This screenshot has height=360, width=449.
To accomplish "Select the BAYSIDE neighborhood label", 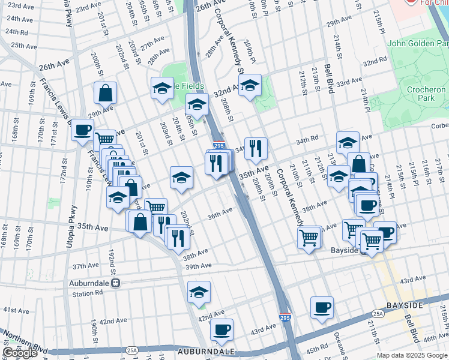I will [423, 305].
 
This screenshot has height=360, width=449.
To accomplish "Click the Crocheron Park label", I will [425, 94].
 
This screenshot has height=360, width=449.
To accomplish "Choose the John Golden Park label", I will [417, 43].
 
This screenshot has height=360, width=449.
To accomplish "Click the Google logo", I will [20, 353].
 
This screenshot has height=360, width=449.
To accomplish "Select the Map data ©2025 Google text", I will [412, 355].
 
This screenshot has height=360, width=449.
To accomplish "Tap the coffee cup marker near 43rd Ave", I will [221, 329].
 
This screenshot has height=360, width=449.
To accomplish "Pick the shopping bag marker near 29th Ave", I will [105, 93].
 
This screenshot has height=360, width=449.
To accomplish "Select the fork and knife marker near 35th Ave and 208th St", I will [256, 148].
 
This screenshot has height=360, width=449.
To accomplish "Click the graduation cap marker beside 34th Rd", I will [347, 143].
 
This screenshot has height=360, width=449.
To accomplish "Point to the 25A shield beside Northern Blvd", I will [131, 350].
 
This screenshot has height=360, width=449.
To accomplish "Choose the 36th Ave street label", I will [220, 212].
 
